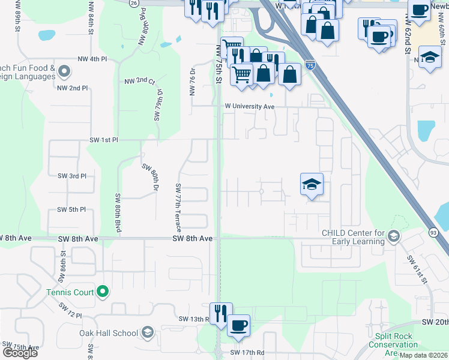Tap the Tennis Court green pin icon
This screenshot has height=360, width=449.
(103, 292)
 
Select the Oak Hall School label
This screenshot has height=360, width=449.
(109, 333)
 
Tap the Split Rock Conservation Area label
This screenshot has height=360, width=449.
(393, 344)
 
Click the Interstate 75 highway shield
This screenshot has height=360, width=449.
(310, 63)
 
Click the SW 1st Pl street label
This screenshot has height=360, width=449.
(104, 140)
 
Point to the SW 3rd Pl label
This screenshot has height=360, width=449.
(72, 176)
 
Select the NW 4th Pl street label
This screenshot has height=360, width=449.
(92, 59)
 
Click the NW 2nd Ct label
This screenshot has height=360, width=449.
(140, 81)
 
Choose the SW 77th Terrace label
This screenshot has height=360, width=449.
(178, 205)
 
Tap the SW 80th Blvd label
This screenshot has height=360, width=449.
(118, 214)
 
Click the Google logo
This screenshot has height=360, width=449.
(20, 353)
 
